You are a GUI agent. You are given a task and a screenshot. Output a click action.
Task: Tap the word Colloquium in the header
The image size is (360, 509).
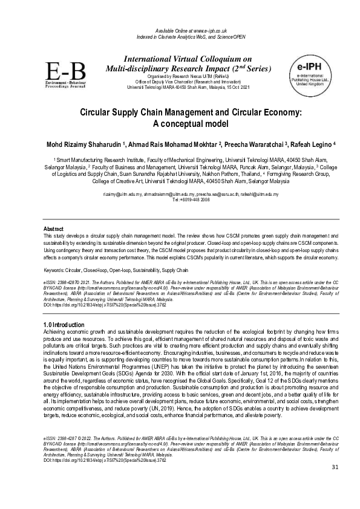tap(223, 59)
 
